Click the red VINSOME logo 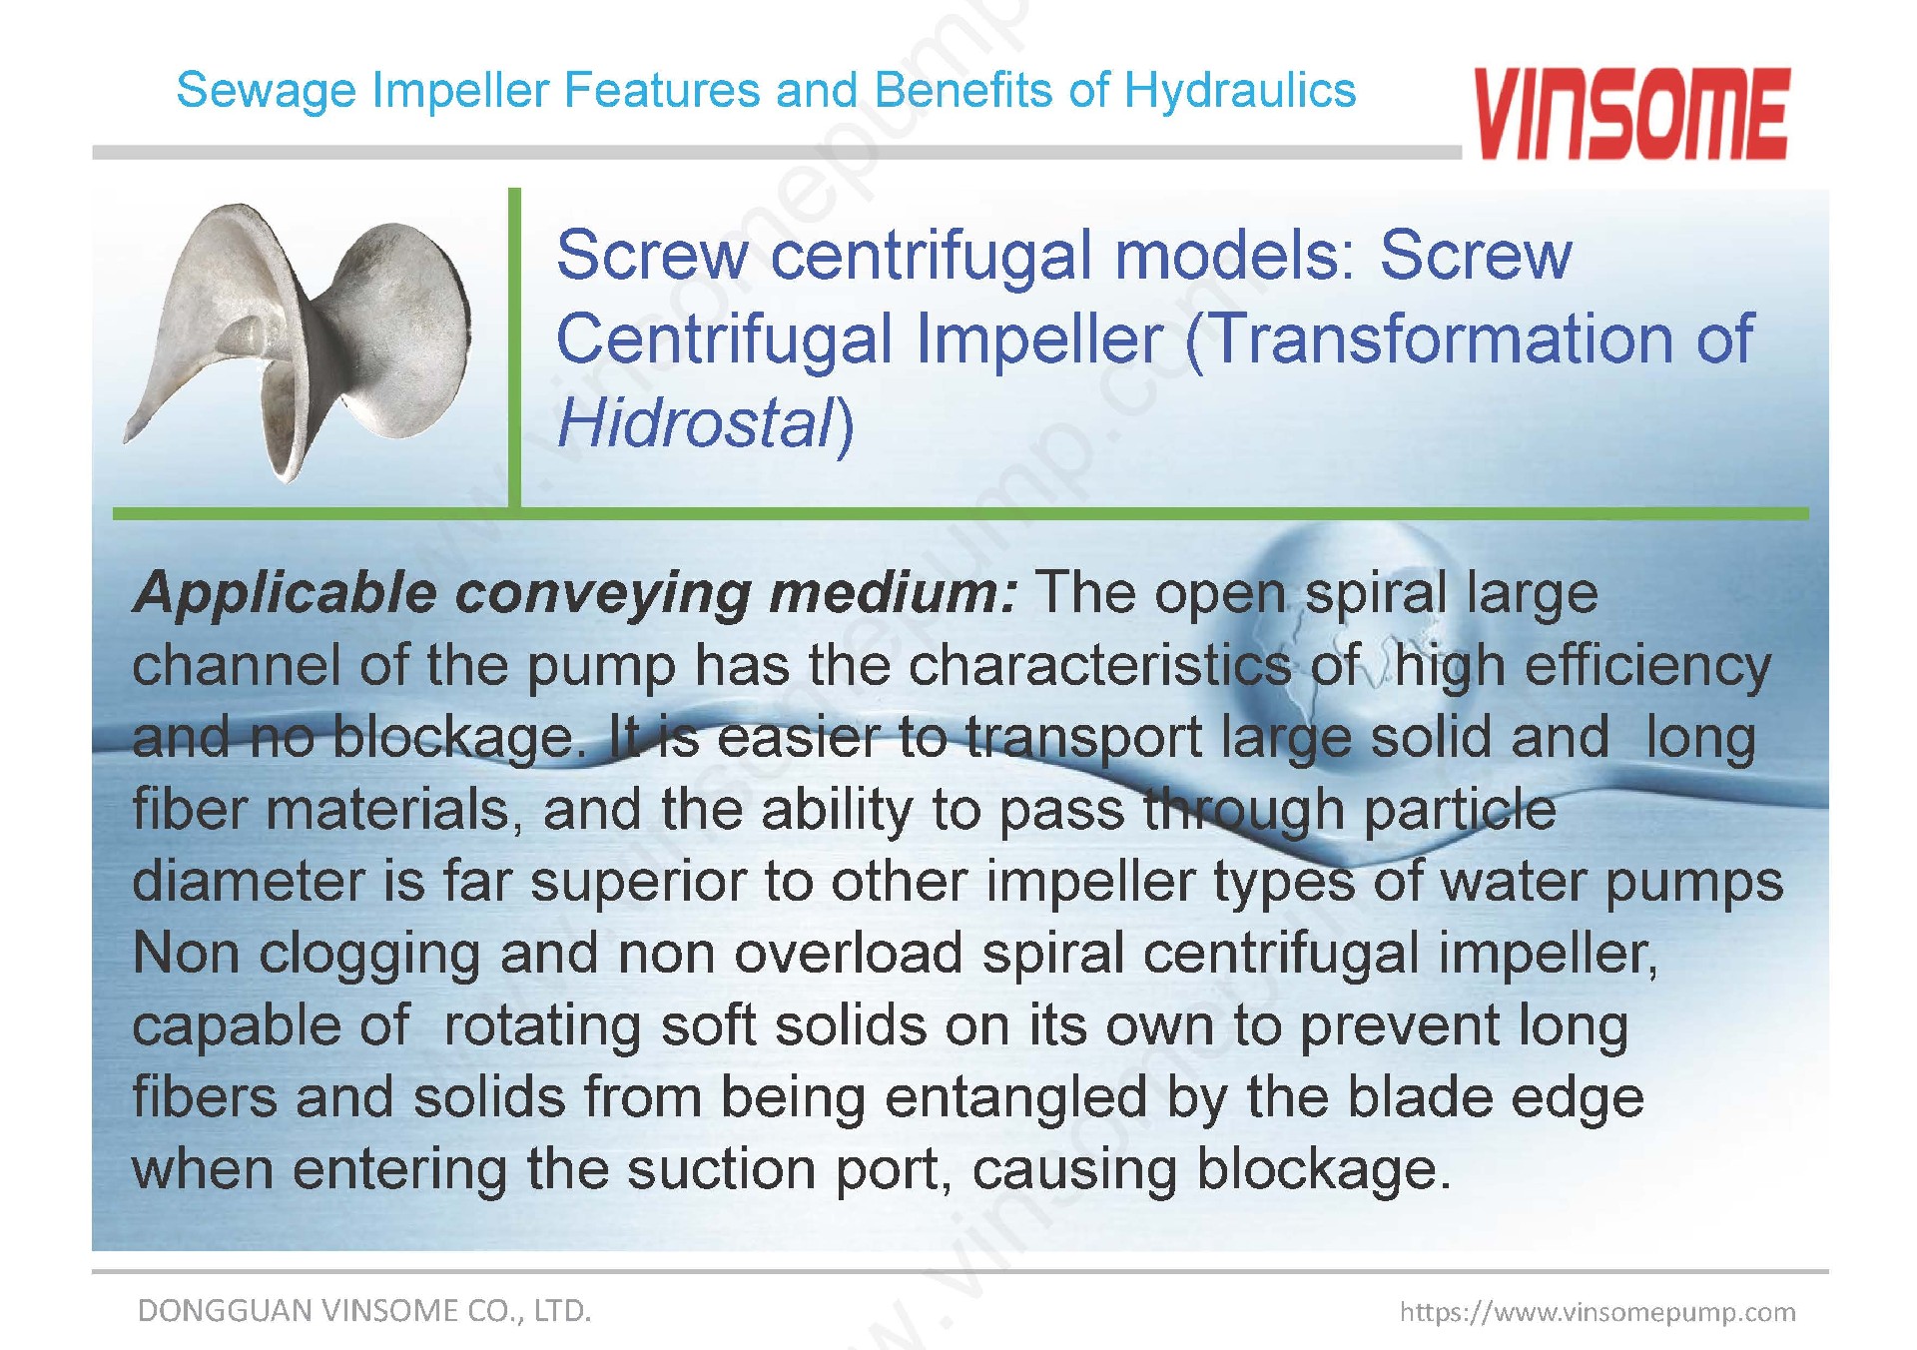[x=1631, y=114]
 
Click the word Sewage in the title [x=265, y=92]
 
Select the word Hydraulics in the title [x=1240, y=91]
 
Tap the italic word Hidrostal [x=695, y=422]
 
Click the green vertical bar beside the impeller [x=514, y=349]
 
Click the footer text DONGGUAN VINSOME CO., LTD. [x=364, y=1310]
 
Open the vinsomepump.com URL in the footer [x=1597, y=1312]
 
